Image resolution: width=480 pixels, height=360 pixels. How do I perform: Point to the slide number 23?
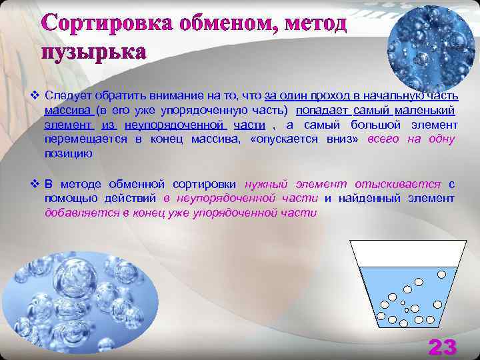(442, 346)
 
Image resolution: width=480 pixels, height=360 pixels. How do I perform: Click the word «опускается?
(279, 139)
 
